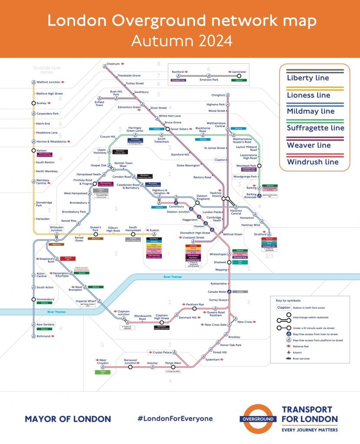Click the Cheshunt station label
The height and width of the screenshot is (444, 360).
[113, 64]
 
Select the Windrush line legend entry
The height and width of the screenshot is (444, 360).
[312, 162]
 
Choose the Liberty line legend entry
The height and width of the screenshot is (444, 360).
[308, 78]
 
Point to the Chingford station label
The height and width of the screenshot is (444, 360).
[218, 95]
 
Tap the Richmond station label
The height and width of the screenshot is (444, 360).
[43, 336]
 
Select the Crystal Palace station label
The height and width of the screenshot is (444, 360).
[161, 353]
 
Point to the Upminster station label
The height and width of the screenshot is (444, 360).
[239, 72]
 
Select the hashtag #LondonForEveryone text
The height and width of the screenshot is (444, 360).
[175, 419]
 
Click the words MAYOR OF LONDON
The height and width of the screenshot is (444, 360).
[68, 419]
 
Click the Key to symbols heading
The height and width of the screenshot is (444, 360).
[288, 300]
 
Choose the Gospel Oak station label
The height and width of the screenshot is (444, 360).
[98, 165]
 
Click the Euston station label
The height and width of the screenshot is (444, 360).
[155, 230]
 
